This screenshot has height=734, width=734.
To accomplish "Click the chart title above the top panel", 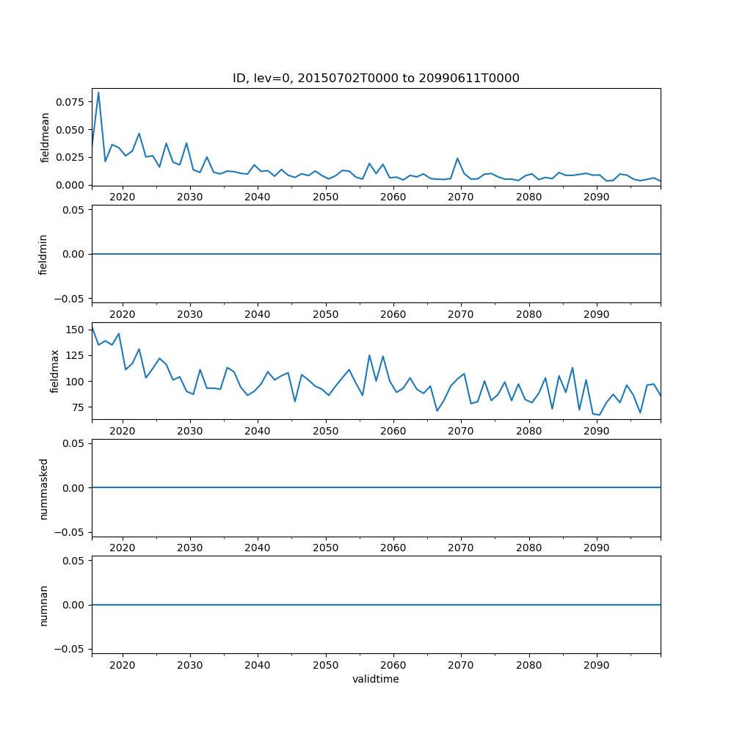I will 376,79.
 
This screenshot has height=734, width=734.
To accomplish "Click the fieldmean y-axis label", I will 45,137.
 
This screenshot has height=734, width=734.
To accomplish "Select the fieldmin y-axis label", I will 43,254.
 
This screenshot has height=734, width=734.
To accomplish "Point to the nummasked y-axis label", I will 43,488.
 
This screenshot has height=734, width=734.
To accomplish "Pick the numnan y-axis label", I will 43,605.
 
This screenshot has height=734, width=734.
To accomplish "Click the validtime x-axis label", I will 376,680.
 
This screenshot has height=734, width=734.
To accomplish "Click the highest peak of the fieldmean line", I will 98,92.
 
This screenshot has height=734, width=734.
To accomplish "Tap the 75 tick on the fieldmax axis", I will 79,407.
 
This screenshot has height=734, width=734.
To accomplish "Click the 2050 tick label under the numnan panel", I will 325,664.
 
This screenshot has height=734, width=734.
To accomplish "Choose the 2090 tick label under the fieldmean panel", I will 596,197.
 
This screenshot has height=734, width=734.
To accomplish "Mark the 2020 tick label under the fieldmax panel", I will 122,431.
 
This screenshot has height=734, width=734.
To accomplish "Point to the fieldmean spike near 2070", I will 457,159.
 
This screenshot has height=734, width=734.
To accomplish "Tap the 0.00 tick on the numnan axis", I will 74,605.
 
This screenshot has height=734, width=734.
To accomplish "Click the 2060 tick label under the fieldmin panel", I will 393,313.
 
